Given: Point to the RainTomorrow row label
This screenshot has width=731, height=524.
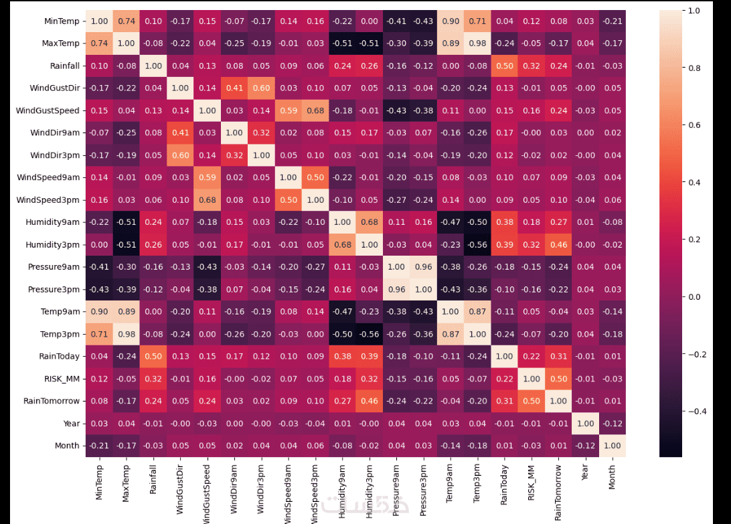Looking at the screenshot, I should click(x=57, y=401).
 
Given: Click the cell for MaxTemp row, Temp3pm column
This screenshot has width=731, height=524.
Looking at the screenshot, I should click(x=477, y=43).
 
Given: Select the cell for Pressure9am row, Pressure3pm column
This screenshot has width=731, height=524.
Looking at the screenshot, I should click(x=422, y=267).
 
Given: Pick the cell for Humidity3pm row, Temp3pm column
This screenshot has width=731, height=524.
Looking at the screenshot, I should click(x=477, y=245).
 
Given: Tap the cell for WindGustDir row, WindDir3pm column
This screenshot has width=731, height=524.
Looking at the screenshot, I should click(x=261, y=88).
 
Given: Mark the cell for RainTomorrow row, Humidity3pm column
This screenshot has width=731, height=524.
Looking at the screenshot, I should click(x=369, y=401).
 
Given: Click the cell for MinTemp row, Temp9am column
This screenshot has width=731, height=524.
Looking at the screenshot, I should click(x=450, y=21).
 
